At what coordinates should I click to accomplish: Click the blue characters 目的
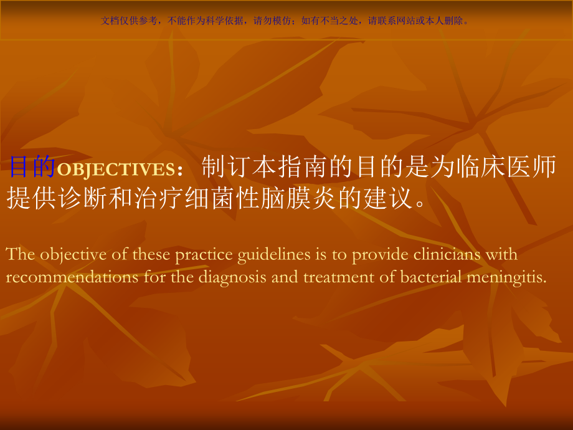coord(31,167)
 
